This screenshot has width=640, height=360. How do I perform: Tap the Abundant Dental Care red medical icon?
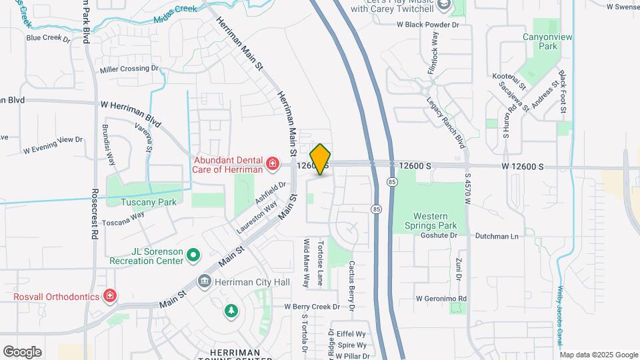coord(272,163)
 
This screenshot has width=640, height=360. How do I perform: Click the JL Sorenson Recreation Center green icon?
coord(193,254)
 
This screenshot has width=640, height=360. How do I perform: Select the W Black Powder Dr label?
coord(428,25)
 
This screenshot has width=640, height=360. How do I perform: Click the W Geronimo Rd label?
coord(441,299)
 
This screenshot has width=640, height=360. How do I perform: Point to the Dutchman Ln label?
coord(497,236)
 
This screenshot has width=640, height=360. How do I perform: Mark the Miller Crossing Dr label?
coord(129,69)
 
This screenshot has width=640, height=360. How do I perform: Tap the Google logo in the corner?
coord(22,351)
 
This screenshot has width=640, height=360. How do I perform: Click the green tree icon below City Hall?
coord(231,311)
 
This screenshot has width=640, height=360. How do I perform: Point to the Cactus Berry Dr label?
coord(352,285)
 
